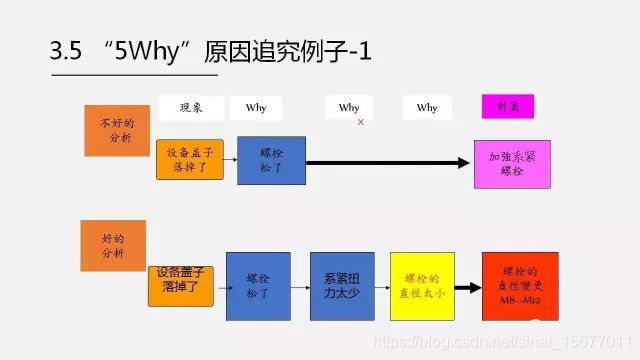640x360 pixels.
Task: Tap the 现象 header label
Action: click(190, 107)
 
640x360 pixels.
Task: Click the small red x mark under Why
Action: click(360, 123)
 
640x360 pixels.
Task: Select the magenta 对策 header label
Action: click(507, 106)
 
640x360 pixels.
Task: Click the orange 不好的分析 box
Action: click(116, 128)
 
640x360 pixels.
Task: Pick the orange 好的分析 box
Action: click(112, 246)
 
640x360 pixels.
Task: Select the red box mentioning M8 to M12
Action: click(519, 285)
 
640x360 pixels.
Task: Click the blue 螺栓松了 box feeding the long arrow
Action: click(271, 161)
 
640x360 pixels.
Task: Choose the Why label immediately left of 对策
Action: click(427, 107)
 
